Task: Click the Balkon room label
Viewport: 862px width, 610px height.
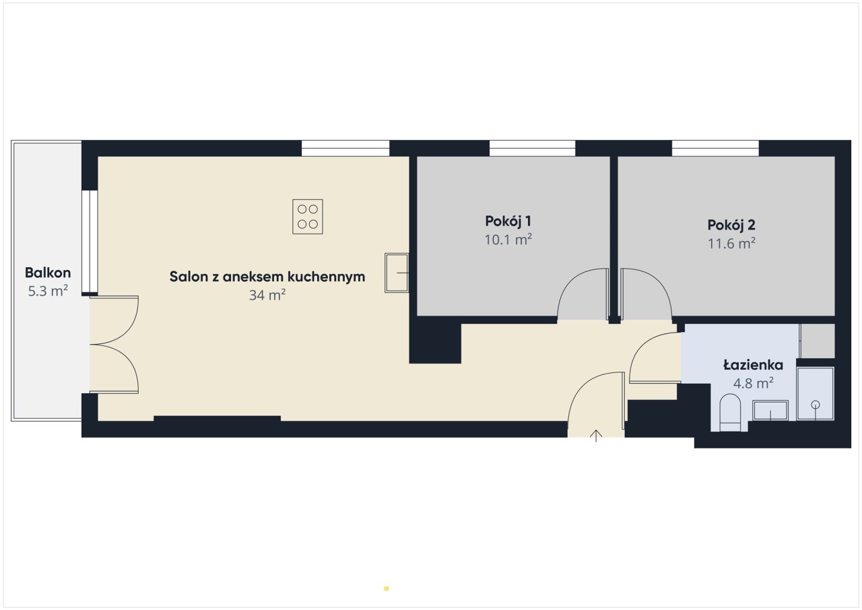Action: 48,273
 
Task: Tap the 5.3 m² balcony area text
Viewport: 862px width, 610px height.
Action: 48,291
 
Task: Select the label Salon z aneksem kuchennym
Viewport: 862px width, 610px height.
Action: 267,277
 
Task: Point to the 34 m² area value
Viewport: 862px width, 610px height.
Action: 267,295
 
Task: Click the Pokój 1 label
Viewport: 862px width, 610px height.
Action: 508,221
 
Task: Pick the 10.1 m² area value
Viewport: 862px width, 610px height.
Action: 508,240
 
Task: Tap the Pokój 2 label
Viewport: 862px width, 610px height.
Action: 731,225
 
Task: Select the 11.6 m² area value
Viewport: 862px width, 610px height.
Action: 731,244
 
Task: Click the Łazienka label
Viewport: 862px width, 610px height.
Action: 753,365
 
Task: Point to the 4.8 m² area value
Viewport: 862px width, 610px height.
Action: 753,383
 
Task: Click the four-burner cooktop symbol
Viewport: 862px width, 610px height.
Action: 308,217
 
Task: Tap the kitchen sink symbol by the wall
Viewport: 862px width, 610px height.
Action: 397,273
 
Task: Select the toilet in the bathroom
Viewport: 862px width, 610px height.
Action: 730,413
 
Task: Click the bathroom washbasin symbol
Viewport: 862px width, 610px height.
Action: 770,411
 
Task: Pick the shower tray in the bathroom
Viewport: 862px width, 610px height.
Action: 815,393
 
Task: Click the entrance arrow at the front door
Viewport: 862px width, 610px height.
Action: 596,436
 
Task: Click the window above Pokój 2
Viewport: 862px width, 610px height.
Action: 715,148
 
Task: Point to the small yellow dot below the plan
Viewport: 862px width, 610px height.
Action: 387,588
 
